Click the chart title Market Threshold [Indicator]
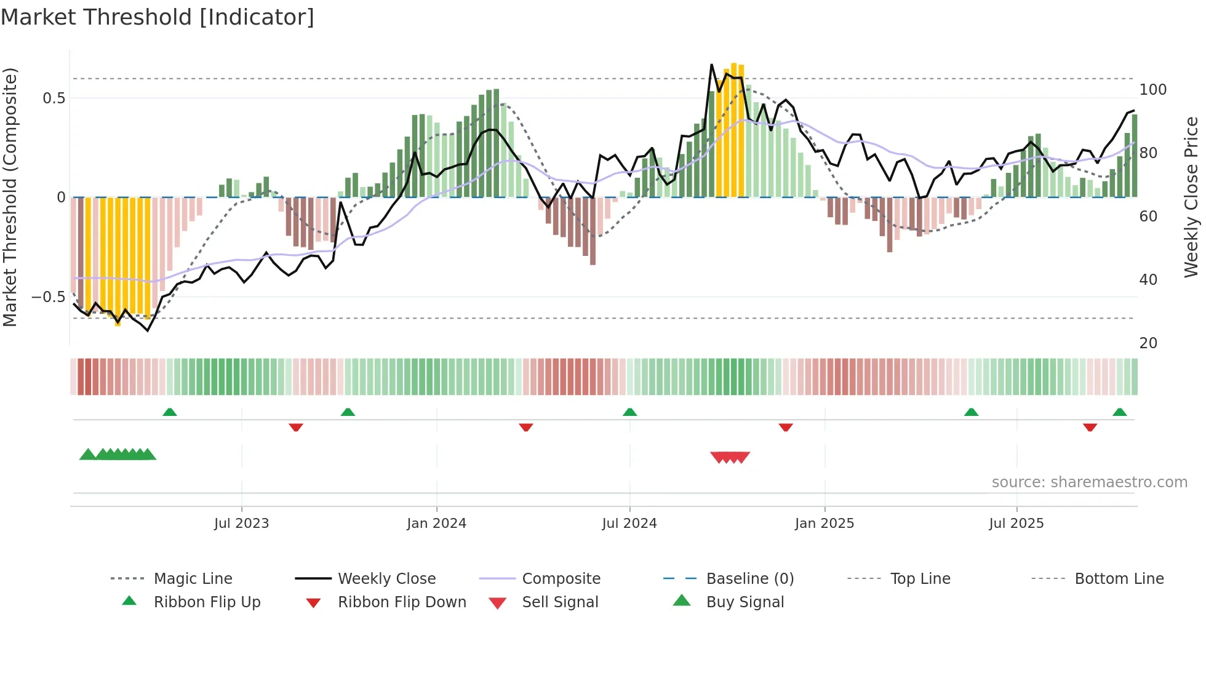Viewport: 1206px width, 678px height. click(158, 17)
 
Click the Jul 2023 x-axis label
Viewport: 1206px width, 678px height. click(241, 524)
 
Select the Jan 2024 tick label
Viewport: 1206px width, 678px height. click(436, 524)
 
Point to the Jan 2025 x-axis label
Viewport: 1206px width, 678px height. click(824, 524)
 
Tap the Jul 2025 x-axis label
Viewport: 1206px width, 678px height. click(1016, 524)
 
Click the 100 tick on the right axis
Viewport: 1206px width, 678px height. click(1152, 90)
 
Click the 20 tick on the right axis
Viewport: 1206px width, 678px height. click(1148, 343)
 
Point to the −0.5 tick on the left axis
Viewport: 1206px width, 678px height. click(49, 297)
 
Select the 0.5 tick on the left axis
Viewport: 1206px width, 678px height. click(54, 98)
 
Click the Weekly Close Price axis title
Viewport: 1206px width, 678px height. click(1191, 197)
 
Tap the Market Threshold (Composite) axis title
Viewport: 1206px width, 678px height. click(10, 197)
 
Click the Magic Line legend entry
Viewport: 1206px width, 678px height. click(193, 579)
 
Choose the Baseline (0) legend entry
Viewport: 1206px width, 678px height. click(749, 579)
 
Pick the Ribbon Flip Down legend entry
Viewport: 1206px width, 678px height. click(401, 602)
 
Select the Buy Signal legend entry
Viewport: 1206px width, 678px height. click(745, 602)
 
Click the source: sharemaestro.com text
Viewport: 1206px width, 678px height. click(1089, 482)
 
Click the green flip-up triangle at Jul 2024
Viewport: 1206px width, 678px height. click(629, 412)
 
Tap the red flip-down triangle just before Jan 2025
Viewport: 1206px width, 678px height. click(785, 427)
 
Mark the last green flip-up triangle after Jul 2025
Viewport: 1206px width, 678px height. click(1119, 412)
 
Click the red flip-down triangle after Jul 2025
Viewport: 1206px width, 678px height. click(1090, 427)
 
